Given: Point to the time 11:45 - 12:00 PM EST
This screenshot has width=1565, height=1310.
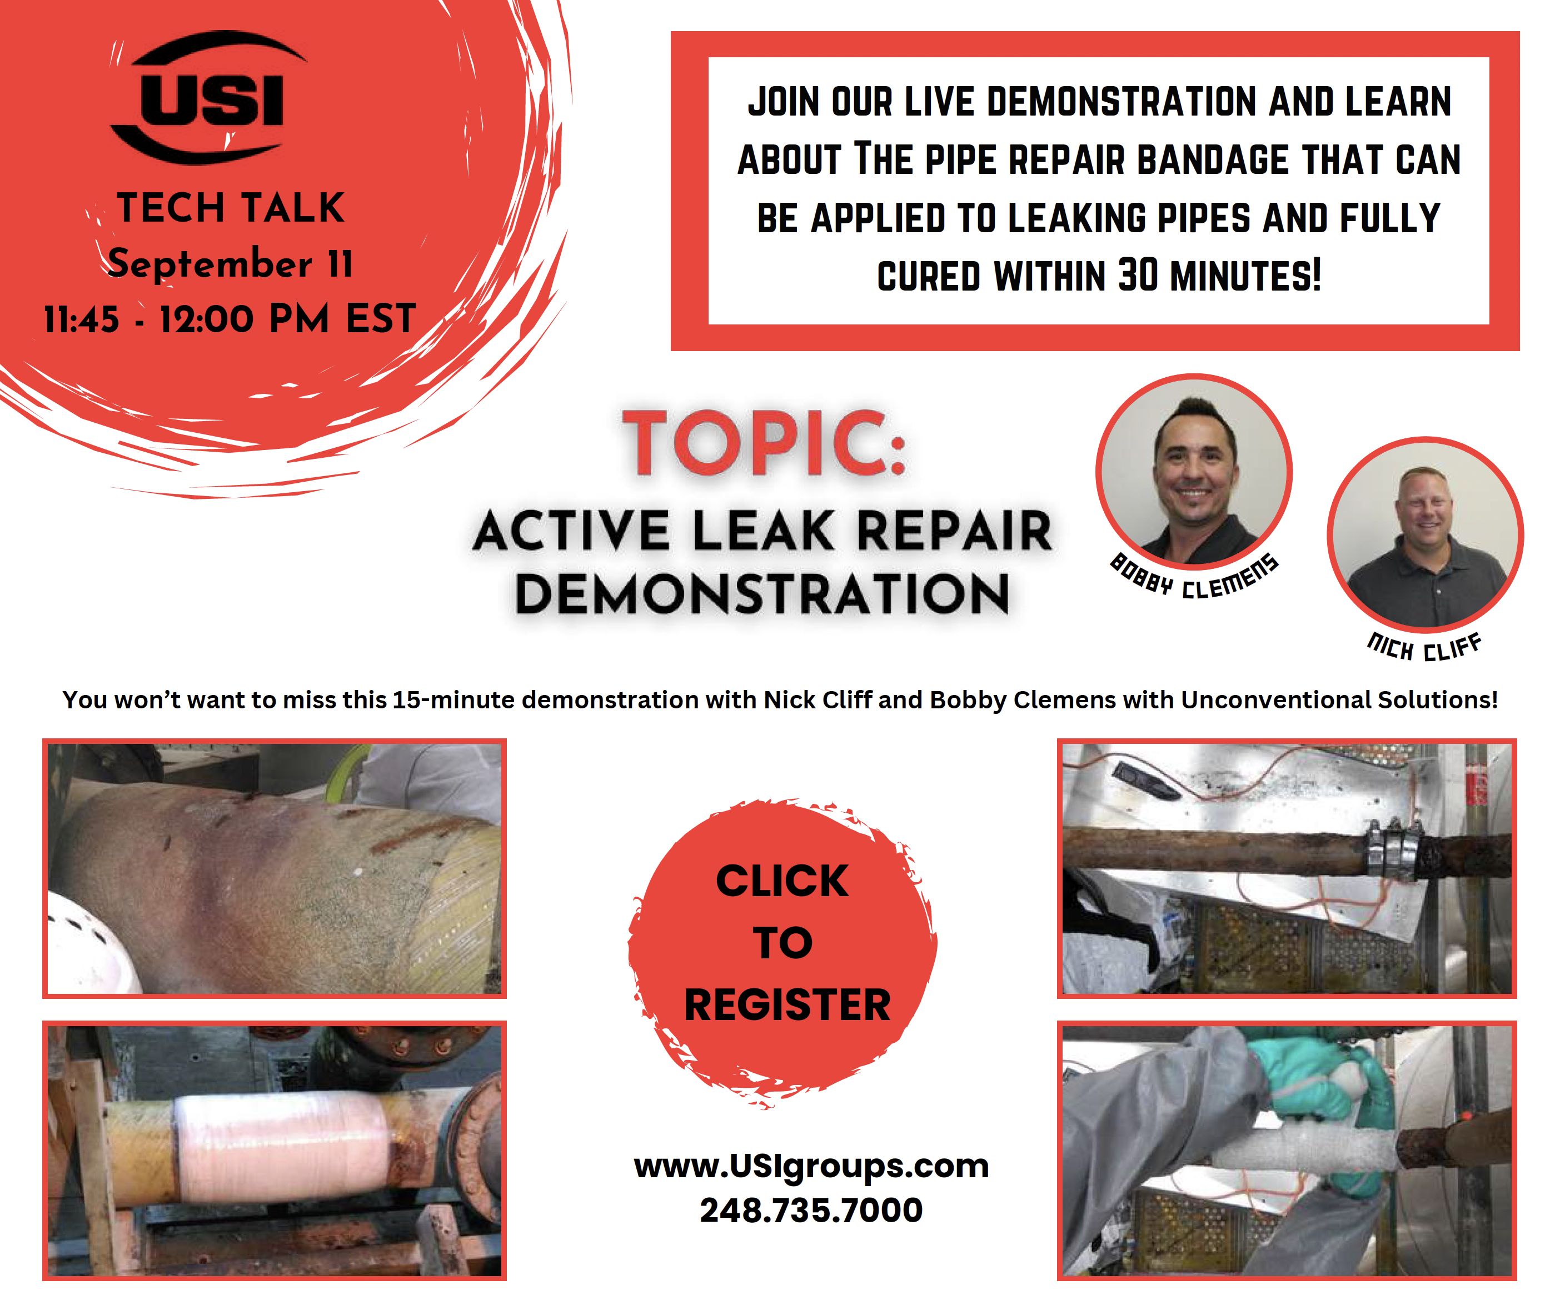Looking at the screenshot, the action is (230, 319).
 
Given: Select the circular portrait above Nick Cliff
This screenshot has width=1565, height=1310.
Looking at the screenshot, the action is (1425, 534).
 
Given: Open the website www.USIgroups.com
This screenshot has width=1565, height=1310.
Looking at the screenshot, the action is (811, 1166).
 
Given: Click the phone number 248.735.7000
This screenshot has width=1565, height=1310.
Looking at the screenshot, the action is (811, 1210).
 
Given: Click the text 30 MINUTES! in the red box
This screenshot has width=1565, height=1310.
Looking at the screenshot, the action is (1220, 276).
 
